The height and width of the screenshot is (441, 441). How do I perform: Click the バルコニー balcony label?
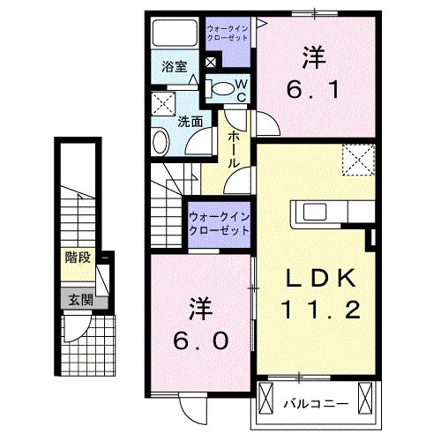point(315,405)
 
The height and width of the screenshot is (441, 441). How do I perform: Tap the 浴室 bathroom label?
point(174,65)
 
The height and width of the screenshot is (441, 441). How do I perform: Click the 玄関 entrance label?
point(78,300)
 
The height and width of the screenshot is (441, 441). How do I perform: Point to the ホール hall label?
point(235,150)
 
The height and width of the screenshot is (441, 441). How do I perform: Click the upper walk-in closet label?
point(228,33)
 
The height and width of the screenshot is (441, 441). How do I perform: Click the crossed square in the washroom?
point(164,103)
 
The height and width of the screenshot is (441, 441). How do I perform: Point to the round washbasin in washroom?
point(161,141)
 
